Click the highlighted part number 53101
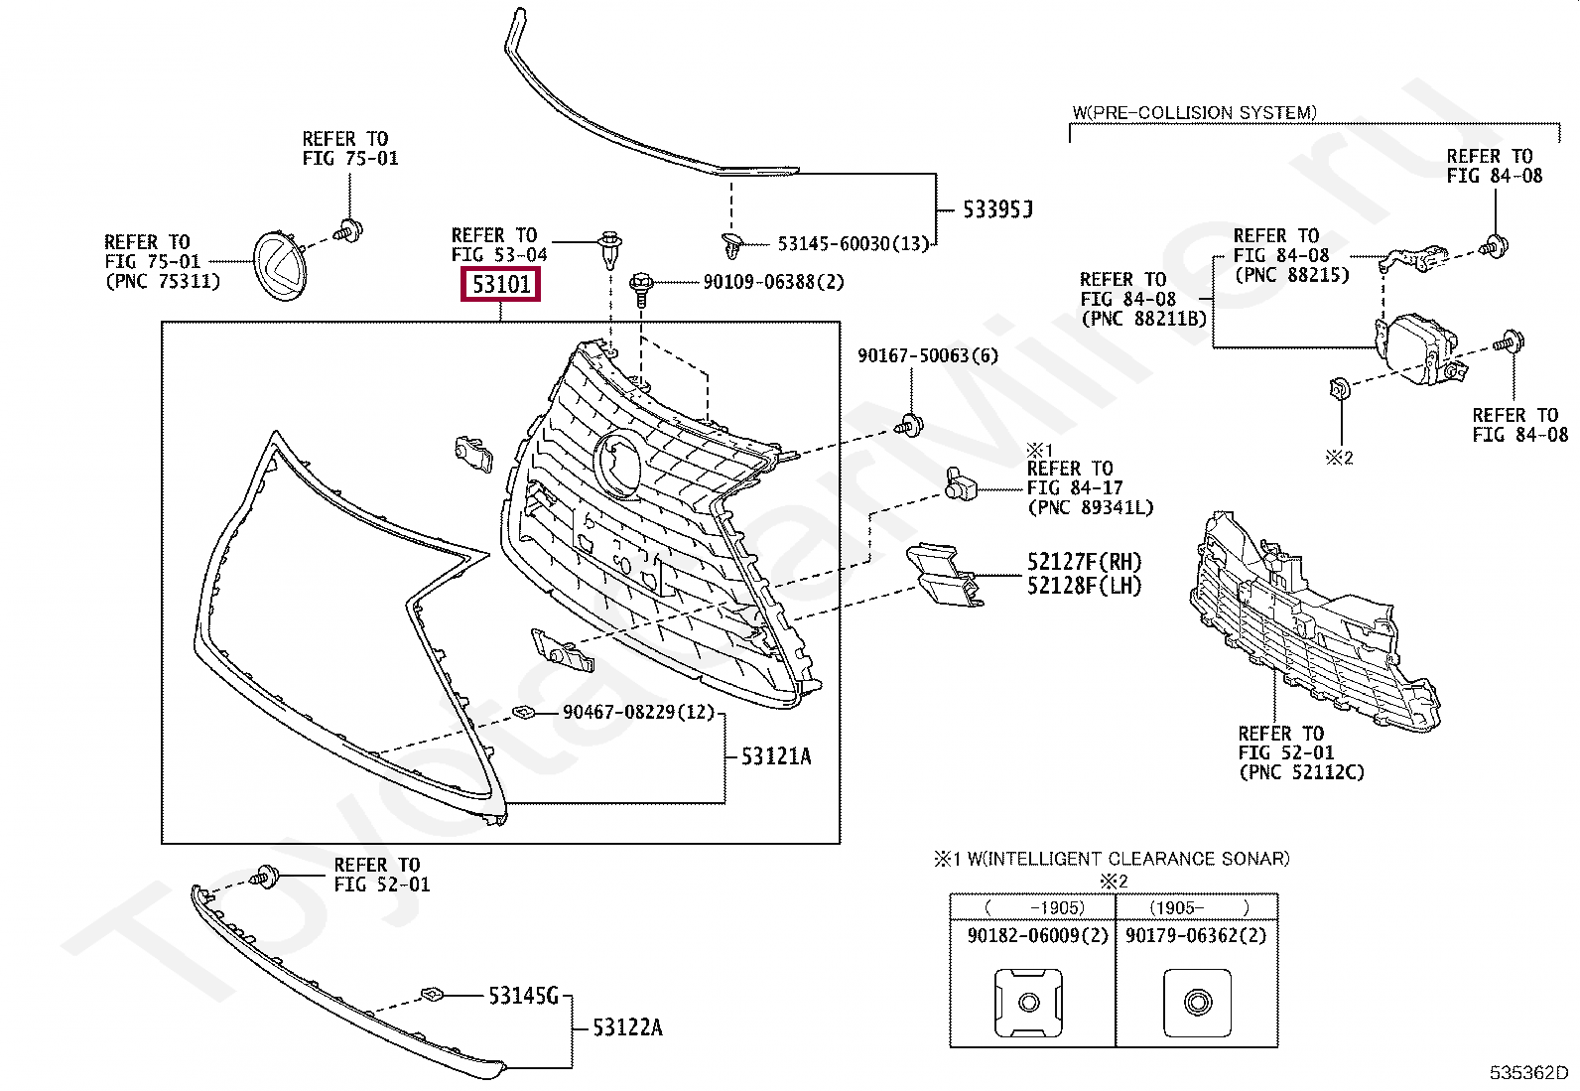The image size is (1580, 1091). [501, 285]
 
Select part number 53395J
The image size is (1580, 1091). [997, 209]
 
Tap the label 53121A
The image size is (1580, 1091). [776, 756]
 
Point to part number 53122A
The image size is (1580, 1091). [627, 1027]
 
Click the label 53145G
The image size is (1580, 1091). [523, 995]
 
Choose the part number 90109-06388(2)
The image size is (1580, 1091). [773, 282]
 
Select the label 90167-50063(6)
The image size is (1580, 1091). [927, 355]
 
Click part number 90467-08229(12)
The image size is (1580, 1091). [638, 712]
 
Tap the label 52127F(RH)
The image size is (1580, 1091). [1084, 562]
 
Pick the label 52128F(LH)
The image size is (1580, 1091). [1084, 586]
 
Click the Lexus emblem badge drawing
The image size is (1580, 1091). [281, 264]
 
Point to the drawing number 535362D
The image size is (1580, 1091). [1527, 1073]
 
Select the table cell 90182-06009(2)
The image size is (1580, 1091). [1037, 935]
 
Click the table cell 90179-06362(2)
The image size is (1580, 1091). [1196, 935]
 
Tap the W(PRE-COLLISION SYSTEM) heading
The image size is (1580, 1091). [1195, 113]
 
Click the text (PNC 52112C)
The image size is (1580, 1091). [1301, 772]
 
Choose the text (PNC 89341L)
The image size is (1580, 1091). [1090, 507]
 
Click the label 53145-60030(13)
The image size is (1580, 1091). [853, 243]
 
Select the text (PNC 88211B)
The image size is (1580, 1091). [1143, 319]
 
